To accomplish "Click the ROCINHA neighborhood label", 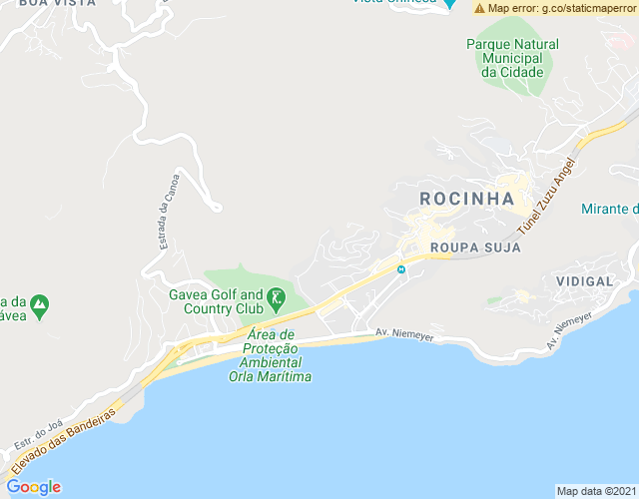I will point(466,198).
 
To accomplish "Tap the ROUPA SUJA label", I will point(475,247).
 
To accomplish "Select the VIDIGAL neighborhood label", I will point(584,281).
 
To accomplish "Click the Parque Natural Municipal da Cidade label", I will point(512,58).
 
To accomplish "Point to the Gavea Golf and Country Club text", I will point(222,301).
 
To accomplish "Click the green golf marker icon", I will point(277,297).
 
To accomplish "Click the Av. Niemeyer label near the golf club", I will point(404,335).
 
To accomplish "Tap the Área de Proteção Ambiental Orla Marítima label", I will point(270,355).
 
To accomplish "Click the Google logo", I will point(33,487).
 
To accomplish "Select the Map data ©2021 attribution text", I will point(594,491).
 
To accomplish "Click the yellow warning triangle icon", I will point(480,8).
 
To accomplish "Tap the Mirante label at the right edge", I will point(610,209).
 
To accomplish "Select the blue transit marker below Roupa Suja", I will point(401,268).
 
